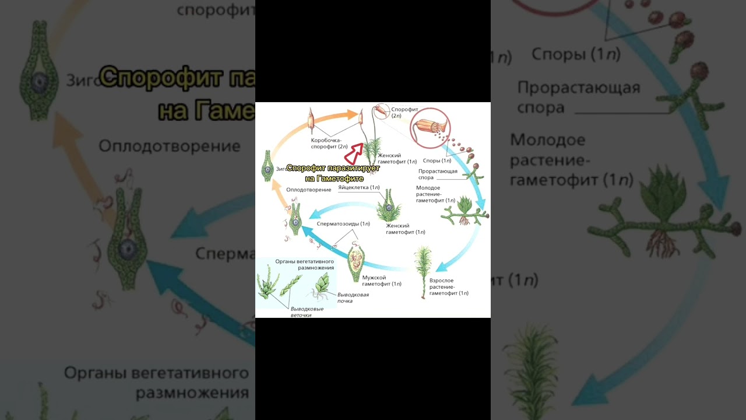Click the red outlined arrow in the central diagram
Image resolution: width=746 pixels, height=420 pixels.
point(354,154)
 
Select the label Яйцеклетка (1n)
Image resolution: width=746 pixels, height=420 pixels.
point(359,188)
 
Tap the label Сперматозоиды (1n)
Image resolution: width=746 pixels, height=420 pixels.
point(343,223)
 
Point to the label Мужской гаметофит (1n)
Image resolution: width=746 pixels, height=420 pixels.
point(381,281)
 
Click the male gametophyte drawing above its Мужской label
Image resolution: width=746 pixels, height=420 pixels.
point(356,263)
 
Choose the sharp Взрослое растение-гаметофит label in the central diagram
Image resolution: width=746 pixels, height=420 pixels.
point(448,287)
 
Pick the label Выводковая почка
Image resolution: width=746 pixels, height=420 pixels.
point(353,297)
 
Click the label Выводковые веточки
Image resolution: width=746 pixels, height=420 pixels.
point(307,311)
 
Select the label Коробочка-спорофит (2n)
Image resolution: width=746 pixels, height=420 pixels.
point(329,143)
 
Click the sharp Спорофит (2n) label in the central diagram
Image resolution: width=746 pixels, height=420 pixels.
point(404,113)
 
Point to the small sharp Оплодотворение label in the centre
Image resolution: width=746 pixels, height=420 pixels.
point(309,190)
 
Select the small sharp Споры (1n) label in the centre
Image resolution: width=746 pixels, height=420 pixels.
point(437,160)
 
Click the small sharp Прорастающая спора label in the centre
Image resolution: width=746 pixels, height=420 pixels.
point(437,174)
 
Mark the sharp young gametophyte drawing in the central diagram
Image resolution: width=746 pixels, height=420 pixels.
point(465,211)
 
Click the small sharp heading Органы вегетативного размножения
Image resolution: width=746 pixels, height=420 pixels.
point(305,264)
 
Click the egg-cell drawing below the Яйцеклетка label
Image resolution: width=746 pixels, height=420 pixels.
point(388,207)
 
